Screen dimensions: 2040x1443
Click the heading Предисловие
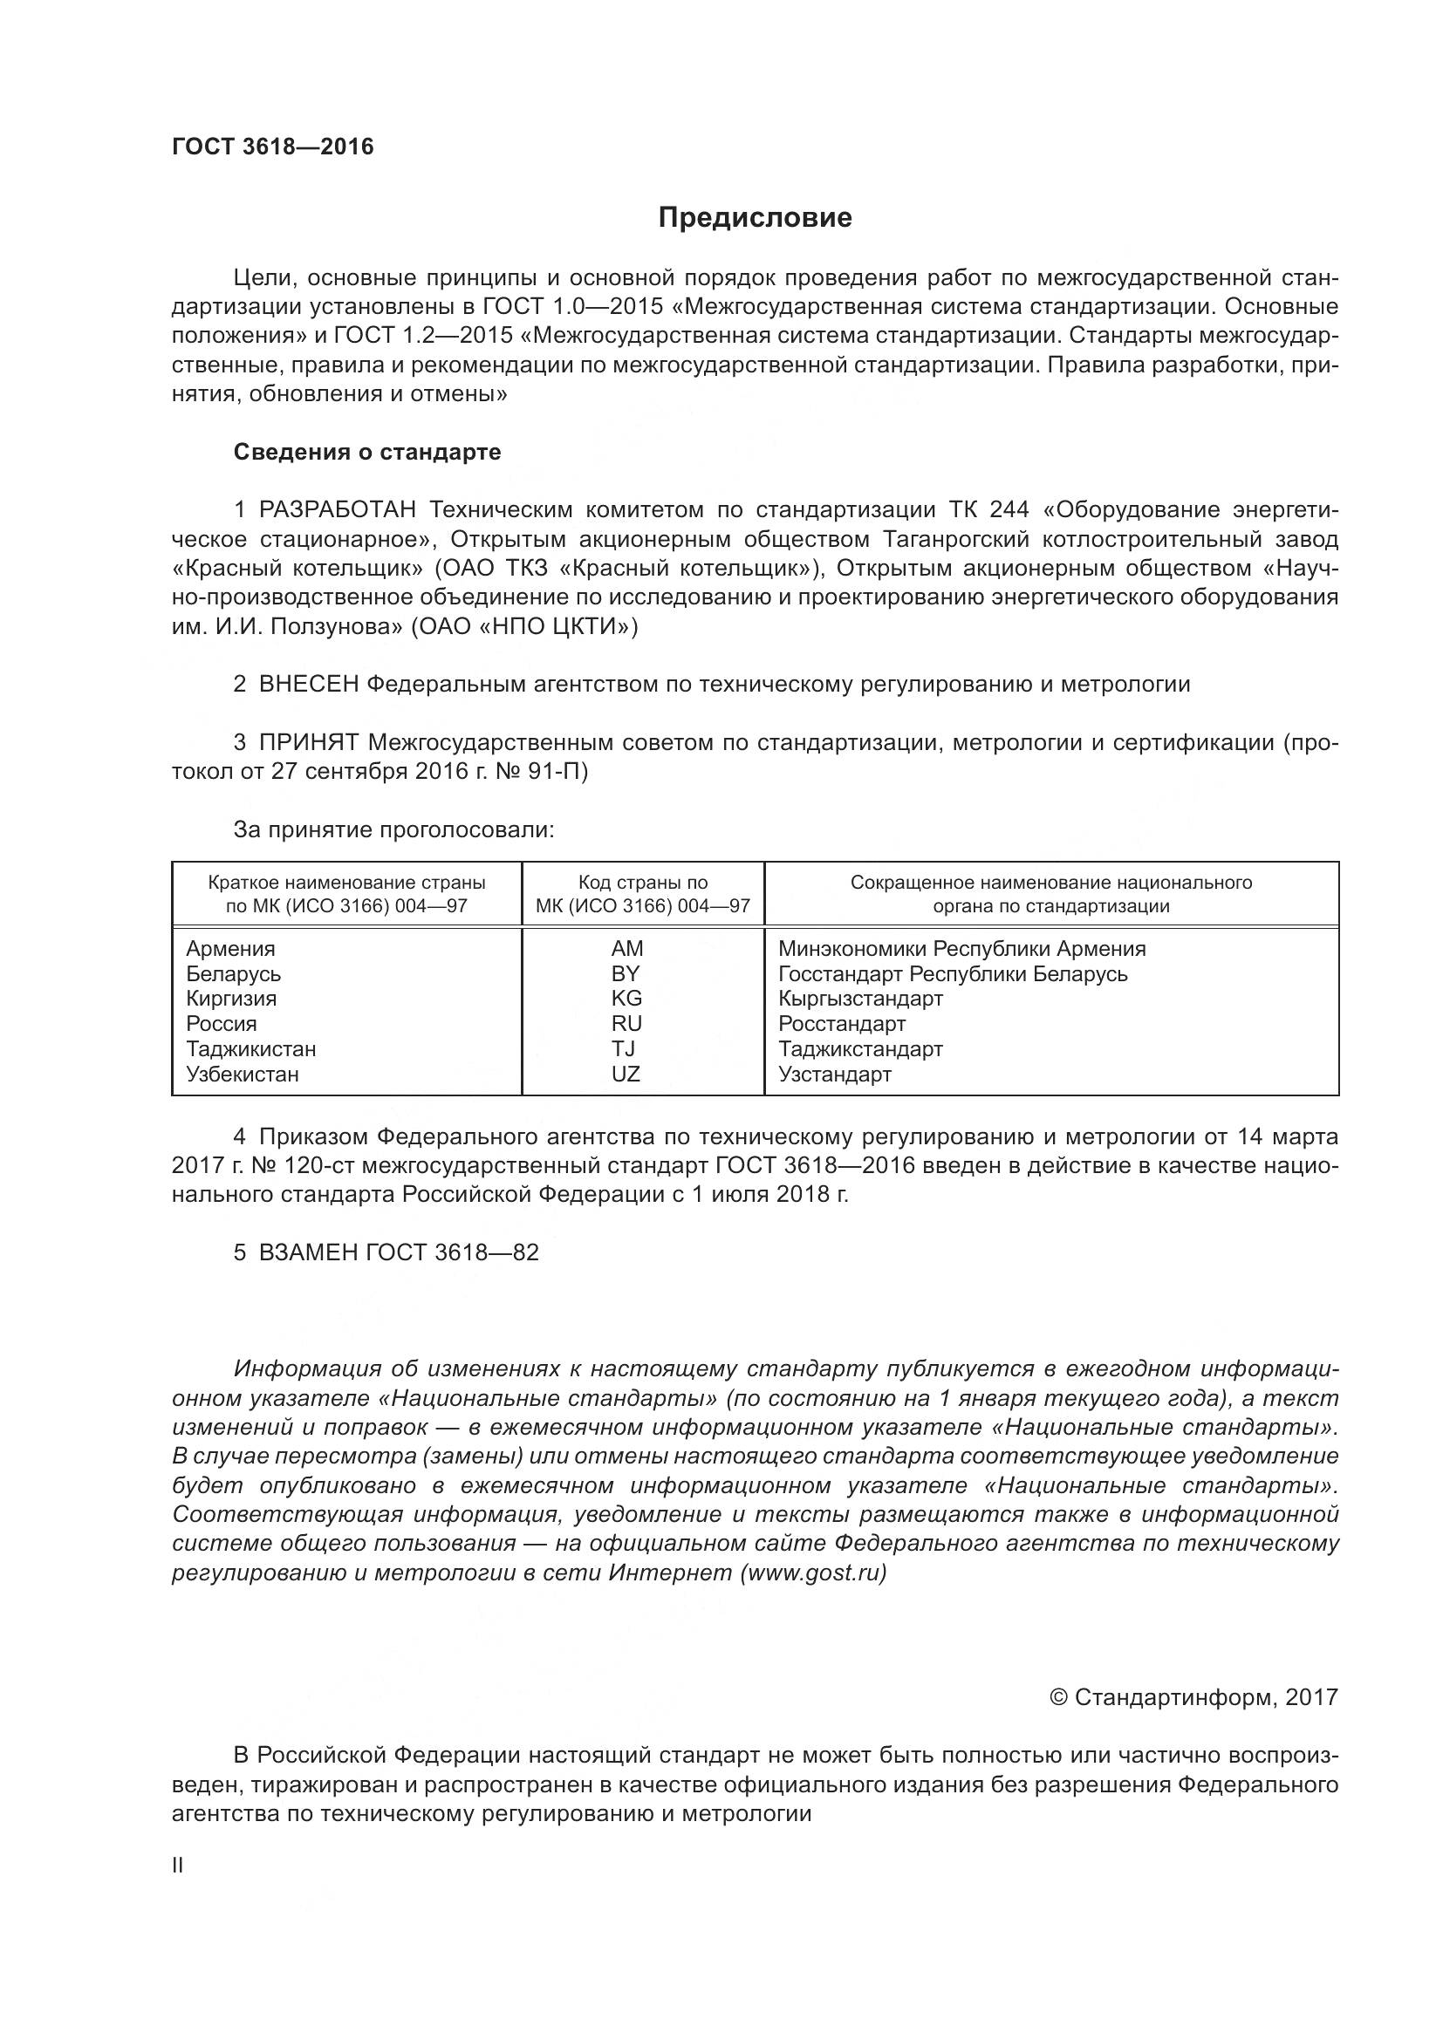click(755, 218)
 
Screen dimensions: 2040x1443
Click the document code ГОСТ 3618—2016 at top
click(273, 147)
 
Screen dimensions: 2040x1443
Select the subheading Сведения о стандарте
click(367, 453)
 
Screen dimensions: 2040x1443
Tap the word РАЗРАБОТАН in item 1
click(337, 510)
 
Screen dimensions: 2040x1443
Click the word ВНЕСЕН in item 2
click(308, 684)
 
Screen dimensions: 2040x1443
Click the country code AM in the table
click(626, 949)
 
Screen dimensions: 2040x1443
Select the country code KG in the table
click(626, 999)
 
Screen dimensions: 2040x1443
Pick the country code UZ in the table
click(626, 1075)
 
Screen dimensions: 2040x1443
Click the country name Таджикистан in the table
click(250, 1049)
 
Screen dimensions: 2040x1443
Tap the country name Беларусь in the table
click(233, 974)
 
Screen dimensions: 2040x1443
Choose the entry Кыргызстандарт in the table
click(860, 999)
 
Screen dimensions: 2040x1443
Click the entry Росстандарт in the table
click(841, 1024)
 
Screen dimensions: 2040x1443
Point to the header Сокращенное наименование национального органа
click(1051, 895)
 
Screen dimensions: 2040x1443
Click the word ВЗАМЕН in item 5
click(308, 1252)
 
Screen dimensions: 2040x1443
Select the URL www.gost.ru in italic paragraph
click(813, 1573)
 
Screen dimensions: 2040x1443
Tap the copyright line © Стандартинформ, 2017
click(1193, 1698)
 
